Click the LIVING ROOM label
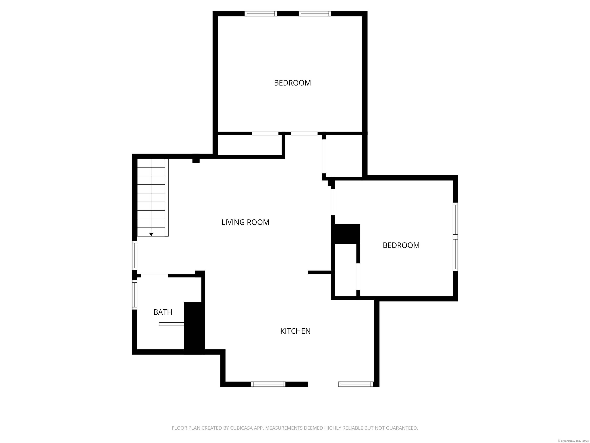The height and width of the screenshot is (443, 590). coord(245,222)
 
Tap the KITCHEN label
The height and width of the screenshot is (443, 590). coord(295,331)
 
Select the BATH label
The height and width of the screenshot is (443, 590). coord(163,312)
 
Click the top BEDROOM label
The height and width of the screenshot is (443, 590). coord(292,83)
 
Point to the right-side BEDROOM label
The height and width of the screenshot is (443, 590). coord(401,245)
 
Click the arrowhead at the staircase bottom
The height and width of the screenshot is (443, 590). coord(151,234)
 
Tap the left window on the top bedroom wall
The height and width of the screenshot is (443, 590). coord(261,14)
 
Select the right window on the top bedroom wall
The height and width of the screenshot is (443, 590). coord(315,14)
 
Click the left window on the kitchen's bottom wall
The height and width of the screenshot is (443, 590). coord(268,384)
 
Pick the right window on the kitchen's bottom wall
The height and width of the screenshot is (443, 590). coord(356,384)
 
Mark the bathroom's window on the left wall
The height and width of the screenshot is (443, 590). coord(135,295)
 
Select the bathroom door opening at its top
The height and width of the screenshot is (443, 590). coord(154,276)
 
